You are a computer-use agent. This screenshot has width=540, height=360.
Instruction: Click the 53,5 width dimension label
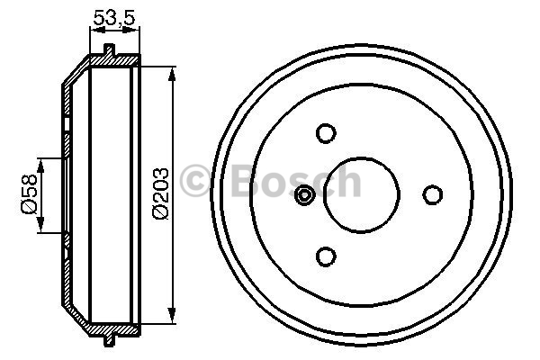[x=114, y=18]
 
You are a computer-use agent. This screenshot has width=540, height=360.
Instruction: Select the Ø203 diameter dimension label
[x=160, y=193]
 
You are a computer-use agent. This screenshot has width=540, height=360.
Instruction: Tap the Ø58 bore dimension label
[x=29, y=194]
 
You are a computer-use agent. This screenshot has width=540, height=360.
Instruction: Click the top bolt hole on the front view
[x=326, y=133]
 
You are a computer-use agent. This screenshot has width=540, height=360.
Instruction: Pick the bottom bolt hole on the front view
[x=326, y=256]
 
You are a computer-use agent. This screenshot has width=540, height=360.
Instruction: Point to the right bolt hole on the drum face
[x=433, y=194]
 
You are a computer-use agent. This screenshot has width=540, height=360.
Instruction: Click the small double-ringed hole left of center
[x=304, y=195]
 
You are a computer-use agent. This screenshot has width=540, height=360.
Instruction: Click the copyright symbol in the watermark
[x=195, y=181]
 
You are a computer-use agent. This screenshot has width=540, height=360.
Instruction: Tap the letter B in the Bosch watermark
[x=246, y=180]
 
